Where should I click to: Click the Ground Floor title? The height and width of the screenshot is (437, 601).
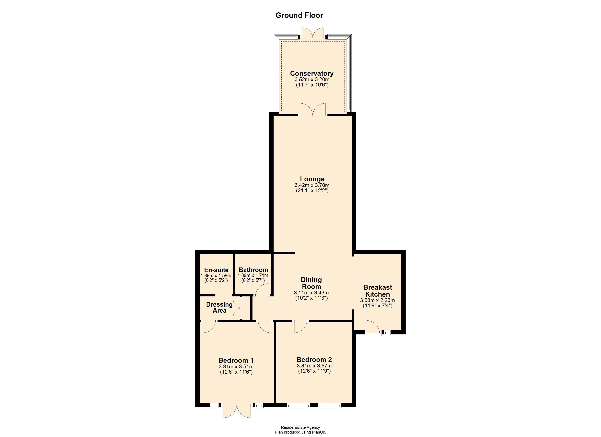pos(299,15)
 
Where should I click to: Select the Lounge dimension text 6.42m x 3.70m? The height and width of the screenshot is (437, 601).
pos(312,185)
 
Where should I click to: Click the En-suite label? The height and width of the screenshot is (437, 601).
pos(216,270)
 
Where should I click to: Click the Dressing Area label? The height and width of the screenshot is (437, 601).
pos(219,307)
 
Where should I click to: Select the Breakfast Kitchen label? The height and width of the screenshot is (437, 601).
pos(378,291)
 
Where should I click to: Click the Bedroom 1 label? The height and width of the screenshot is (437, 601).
pos(236,360)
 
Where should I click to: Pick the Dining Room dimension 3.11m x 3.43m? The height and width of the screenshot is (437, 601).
pos(311,293)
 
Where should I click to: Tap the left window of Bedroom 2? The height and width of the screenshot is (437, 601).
pos(298,405)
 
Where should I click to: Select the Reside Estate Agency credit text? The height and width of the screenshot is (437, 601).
pos(300,427)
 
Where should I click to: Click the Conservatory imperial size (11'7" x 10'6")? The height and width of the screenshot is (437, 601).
pos(312,85)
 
